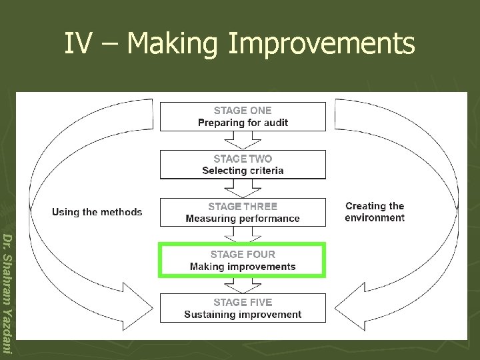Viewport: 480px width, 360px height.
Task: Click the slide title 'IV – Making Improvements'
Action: click(239, 44)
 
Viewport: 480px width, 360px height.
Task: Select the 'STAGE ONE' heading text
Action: click(243, 111)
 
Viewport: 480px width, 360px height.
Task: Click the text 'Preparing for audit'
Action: click(243, 123)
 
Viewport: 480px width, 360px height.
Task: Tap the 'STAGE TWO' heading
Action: click(243, 159)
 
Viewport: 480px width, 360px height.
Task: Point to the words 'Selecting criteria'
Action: click(243, 171)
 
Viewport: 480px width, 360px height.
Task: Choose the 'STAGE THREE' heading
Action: click(243, 207)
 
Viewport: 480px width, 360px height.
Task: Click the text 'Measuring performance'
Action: click(243, 219)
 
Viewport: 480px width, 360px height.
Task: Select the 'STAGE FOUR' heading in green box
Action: click(243, 254)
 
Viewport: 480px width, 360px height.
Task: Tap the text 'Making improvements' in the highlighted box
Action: click(243, 267)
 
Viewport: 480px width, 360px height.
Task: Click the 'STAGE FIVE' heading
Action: click(243, 302)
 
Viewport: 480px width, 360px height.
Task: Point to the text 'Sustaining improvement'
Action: click(243, 315)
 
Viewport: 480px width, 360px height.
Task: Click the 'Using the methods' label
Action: click(97, 212)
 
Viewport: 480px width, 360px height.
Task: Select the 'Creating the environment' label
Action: click(375, 212)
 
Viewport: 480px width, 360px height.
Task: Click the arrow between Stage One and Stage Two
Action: click(243, 140)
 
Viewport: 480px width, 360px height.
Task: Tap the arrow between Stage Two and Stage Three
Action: click(243, 188)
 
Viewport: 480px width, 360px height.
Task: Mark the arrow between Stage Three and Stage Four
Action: click(243, 235)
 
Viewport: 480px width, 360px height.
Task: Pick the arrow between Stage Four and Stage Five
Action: click(243, 285)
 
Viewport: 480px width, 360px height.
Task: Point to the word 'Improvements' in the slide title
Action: click(321, 44)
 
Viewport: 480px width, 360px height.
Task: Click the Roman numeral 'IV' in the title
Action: click(77, 44)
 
